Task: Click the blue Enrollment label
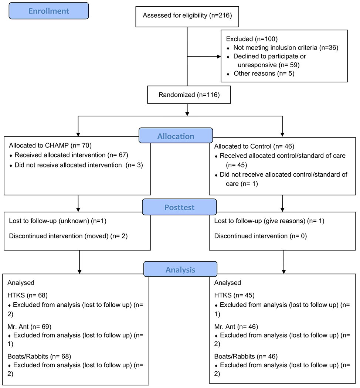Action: tap(49, 11)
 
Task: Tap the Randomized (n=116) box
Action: tap(189, 95)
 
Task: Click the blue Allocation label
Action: tap(176, 136)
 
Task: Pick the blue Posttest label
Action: tap(179, 207)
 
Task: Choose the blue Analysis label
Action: tap(180, 270)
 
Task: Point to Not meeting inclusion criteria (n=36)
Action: tap(285, 48)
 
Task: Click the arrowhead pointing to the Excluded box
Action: tap(218, 57)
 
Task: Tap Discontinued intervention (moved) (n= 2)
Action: tap(68, 236)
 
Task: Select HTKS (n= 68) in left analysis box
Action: tap(28, 296)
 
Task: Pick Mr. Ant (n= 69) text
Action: tap(30, 327)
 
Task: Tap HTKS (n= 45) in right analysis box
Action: tap(234, 296)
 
